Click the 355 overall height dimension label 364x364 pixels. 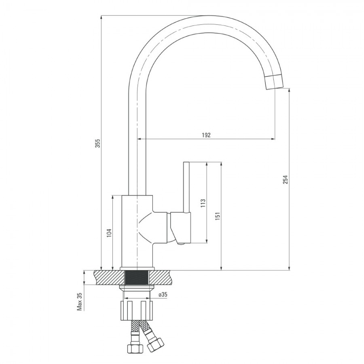pyautogui.click(x=98, y=144)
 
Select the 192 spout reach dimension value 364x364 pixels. pyautogui.click(x=206, y=135)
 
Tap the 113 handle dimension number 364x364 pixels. pyautogui.click(x=203, y=203)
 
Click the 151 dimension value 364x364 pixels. pyautogui.click(x=218, y=216)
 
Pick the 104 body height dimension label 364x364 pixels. pyautogui.click(x=109, y=233)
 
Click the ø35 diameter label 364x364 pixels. pyautogui.click(x=163, y=294)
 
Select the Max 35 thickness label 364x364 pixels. pyautogui.click(x=80, y=301)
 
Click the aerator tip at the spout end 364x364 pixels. pyautogui.click(x=274, y=82)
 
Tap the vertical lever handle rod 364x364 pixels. pyautogui.click(x=186, y=187)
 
